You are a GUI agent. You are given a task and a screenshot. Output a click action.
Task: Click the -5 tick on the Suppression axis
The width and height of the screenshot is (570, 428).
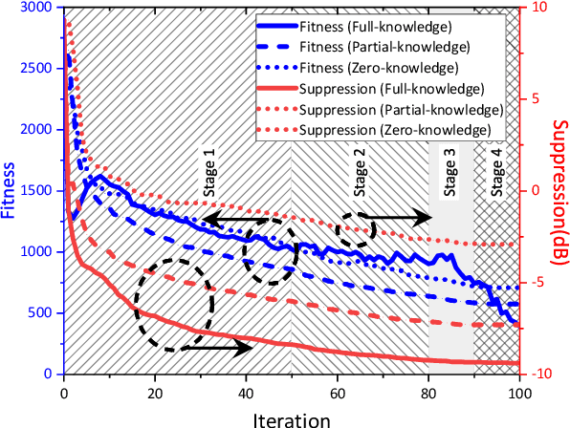point(537,282)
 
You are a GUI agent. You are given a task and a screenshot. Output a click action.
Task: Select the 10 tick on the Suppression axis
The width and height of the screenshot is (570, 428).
point(537,8)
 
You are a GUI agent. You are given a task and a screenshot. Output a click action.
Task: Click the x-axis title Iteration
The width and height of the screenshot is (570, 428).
point(292,417)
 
